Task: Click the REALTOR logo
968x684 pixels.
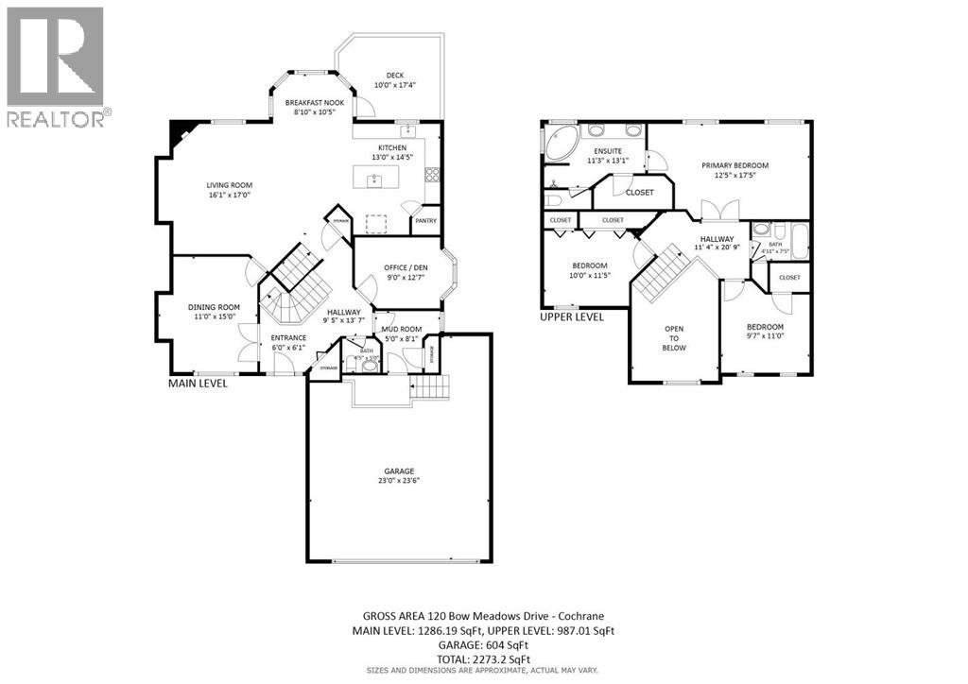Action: tap(56, 66)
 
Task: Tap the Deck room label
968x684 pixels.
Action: tap(395, 77)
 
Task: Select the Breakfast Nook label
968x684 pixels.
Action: tap(315, 102)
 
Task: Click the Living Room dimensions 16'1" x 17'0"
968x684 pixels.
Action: tap(230, 196)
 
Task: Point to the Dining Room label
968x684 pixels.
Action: tap(213, 307)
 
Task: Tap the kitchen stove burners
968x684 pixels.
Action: tap(432, 174)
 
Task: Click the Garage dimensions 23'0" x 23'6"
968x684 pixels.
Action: tap(398, 481)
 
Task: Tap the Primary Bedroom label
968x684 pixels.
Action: tap(735, 165)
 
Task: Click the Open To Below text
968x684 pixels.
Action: tap(675, 338)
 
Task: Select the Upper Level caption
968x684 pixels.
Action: tap(571, 317)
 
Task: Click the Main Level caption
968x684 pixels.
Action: tap(198, 384)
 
